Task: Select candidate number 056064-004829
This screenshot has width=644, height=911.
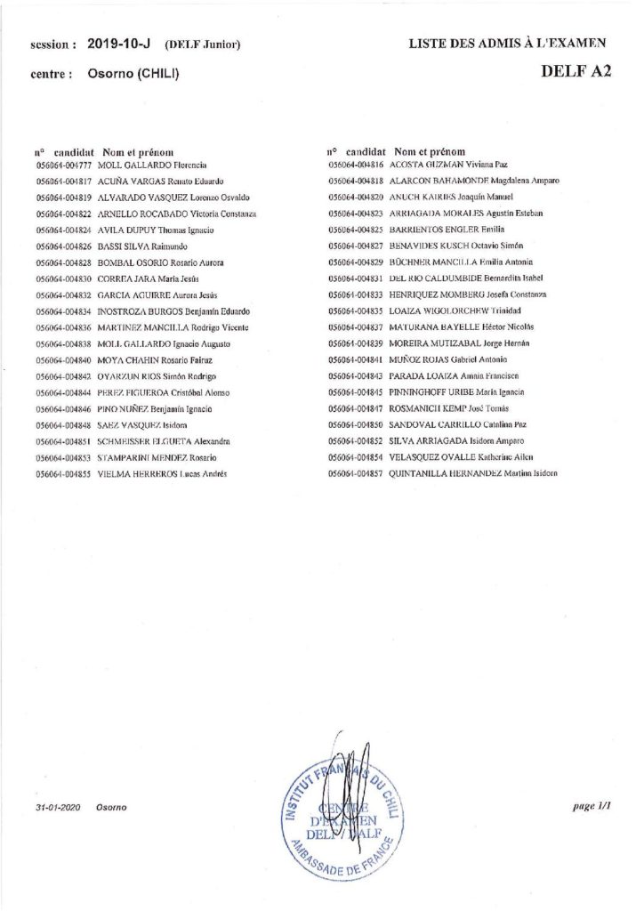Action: (x=356, y=262)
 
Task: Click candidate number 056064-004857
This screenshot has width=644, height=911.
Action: (x=356, y=473)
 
